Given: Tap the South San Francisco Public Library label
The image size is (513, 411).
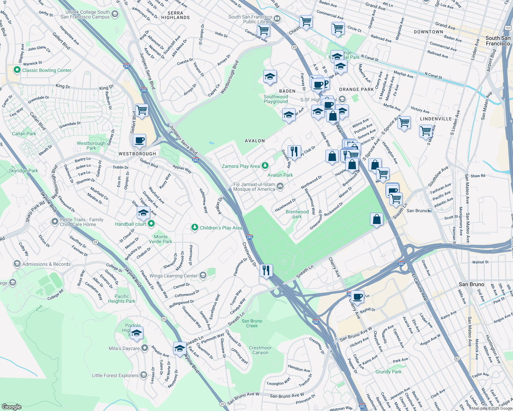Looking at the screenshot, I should click(x=250, y=19).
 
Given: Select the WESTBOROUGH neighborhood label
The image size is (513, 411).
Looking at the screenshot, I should click(x=137, y=154).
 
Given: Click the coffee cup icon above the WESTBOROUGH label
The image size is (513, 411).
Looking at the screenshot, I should click(x=140, y=140).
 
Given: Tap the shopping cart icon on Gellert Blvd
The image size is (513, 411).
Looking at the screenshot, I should click(x=142, y=110).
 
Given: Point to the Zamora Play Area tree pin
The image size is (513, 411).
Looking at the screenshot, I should click(x=265, y=166).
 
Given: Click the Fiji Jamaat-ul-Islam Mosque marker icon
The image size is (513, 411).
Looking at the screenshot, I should click(x=280, y=186).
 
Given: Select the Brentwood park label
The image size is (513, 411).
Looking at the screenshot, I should click(x=297, y=214).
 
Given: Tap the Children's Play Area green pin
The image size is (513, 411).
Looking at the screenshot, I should click(x=195, y=227).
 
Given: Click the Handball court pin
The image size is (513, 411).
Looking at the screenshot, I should click(x=151, y=224).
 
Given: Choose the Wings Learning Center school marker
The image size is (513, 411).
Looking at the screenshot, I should click(x=203, y=275).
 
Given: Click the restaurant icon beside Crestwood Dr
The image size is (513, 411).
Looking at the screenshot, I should click(x=266, y=271).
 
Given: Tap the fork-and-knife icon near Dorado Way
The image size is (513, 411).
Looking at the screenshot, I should click(x=294, y=151).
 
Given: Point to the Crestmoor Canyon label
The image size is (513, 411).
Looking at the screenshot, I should click(x=260, y=350).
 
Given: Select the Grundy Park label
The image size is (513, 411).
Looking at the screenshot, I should click(x=388, y=372).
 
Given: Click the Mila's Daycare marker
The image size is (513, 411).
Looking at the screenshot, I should click(x=145, y=348).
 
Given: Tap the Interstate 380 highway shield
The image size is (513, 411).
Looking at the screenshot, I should click(x=401, y=264).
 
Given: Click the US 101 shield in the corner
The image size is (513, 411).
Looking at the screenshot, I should click(x=508, y=27).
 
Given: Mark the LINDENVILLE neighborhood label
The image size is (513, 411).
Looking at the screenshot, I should click(x=436, y=119).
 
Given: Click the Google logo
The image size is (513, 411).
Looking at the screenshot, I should click(x=12, y=407).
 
